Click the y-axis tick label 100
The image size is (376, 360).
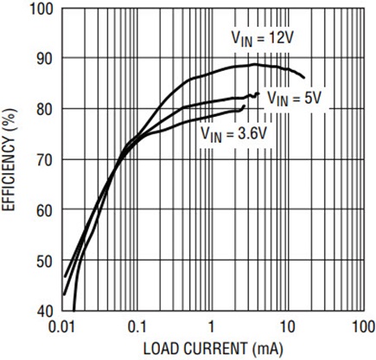(x=43, y=9)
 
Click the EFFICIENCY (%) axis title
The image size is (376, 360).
(x=12, y=160)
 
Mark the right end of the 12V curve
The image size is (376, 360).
(x=304, y=78)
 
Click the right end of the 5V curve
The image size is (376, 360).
(x=258, y=93)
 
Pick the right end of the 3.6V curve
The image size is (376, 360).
(x=245, y=106)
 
